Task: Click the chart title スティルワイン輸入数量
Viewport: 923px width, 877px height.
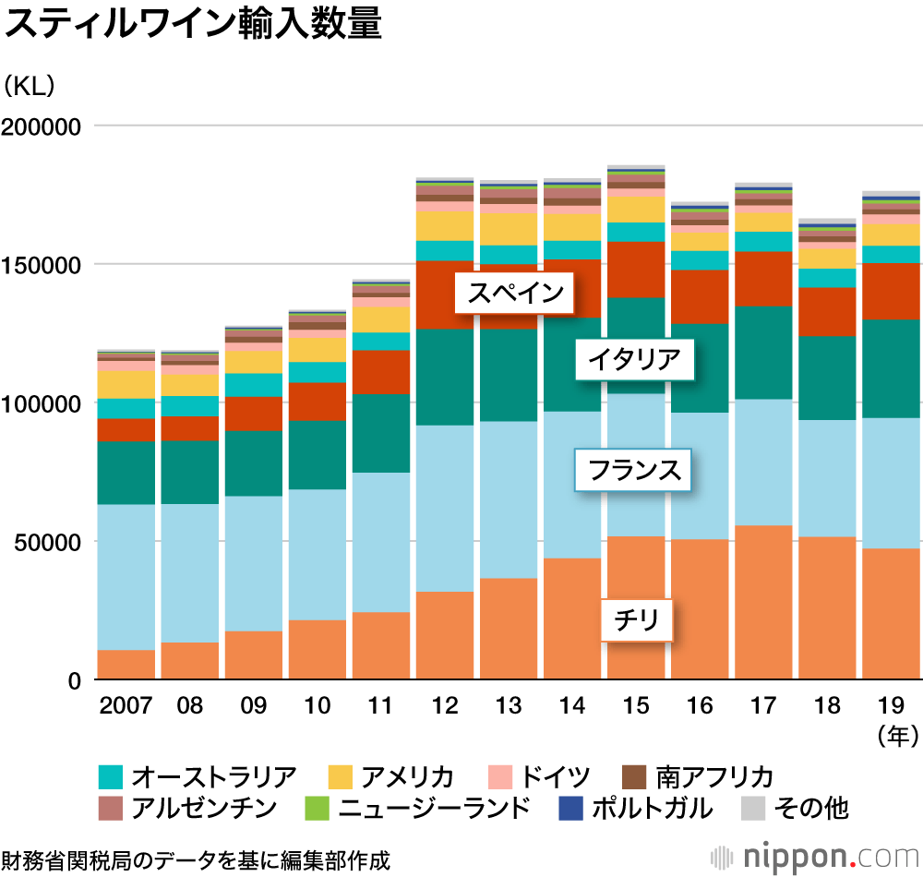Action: point(194,25)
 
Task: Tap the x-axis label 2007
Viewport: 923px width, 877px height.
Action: point(126,706)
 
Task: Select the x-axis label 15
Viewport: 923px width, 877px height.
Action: point(636,706)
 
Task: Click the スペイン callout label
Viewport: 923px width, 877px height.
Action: point(515,294)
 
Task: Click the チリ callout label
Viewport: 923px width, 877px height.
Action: point(636,619)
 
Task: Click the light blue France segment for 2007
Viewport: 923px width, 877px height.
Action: point(126,577)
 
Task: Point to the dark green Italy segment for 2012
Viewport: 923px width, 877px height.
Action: point(445,377)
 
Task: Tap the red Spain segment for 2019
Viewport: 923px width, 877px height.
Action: point(891,291)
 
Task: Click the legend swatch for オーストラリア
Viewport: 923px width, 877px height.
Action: point(111,776)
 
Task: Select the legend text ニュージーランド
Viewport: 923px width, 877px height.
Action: point(434,809)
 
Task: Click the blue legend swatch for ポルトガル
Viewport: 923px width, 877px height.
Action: point(571,809)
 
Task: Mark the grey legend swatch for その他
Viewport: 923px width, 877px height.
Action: point(754,809)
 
